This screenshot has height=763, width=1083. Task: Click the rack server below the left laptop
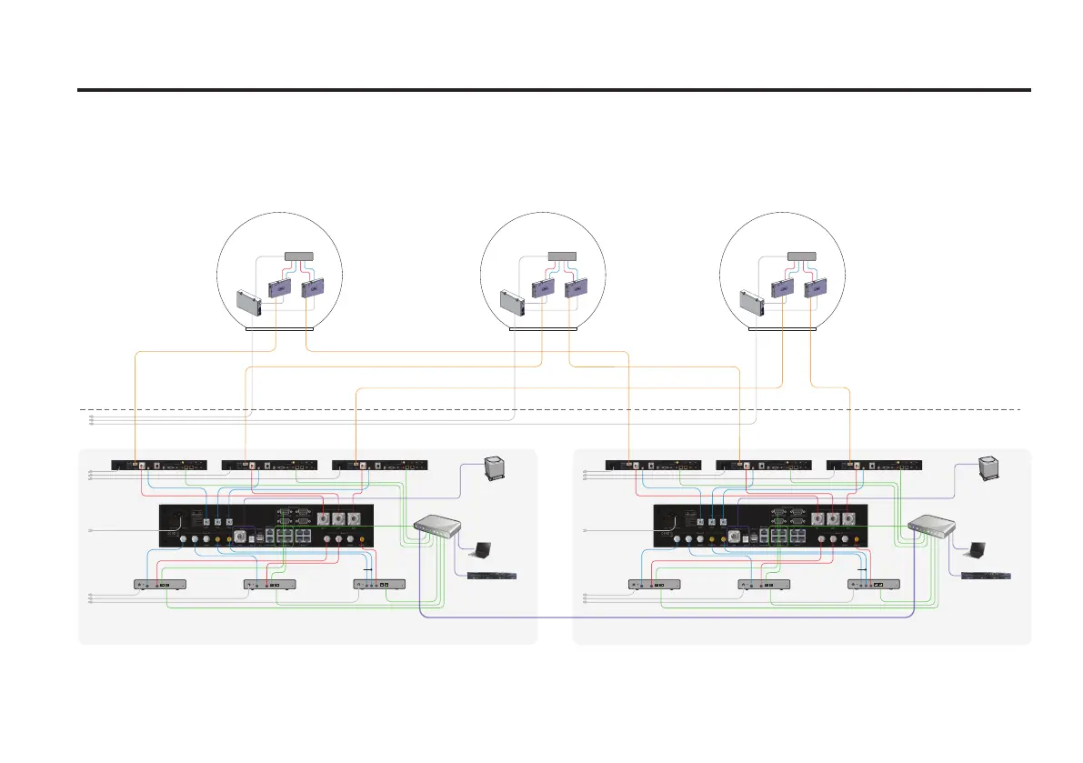click(x=491, y=577)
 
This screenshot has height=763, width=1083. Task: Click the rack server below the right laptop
click(x=986, y=577)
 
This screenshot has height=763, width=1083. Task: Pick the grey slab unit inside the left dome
click(x=249, y=303)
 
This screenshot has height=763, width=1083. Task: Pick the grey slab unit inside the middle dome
click(x=514, y=303)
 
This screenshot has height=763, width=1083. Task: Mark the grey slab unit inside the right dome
click(x=753, y=303)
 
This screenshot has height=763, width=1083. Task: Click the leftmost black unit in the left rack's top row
click(x=158, y=466)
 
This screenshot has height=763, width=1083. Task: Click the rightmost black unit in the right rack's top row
click(x=873, y=466)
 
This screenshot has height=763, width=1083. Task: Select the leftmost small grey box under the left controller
click(x=160, y=584)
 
